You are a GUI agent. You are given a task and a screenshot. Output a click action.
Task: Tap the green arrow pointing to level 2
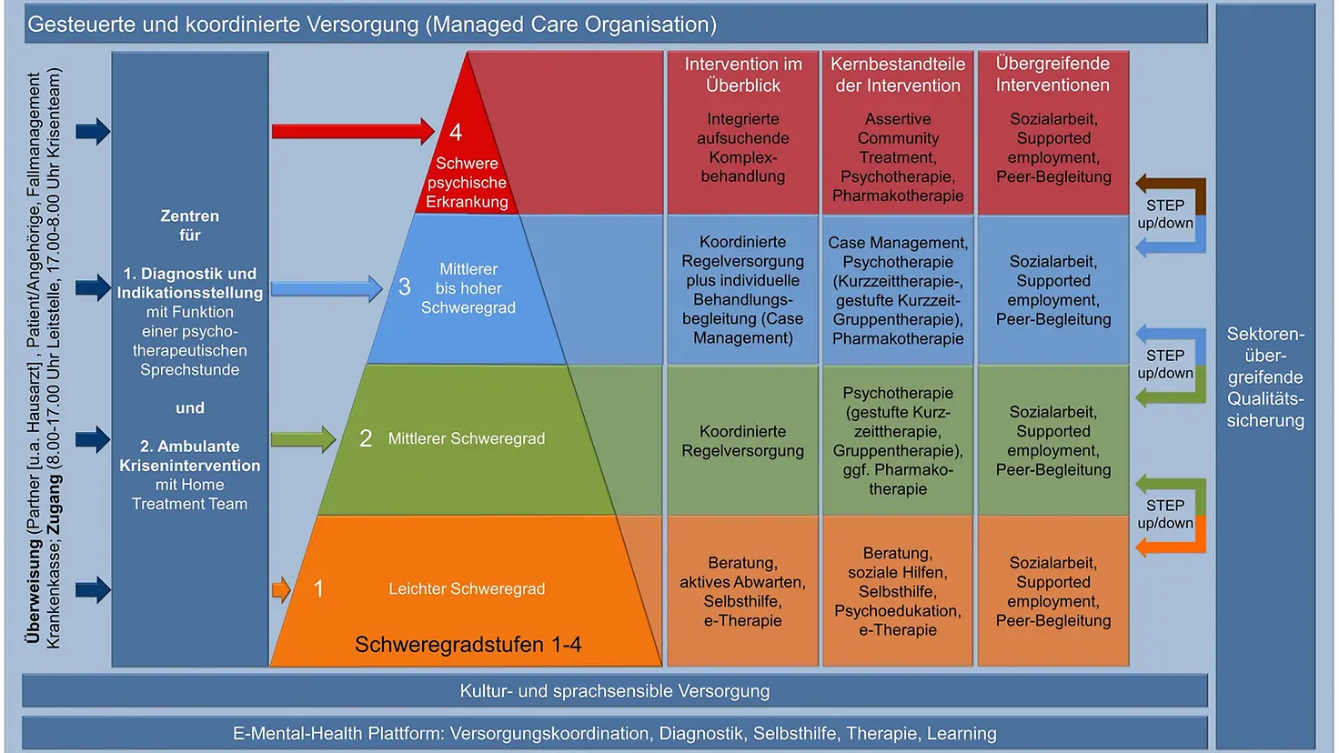coord(303,439)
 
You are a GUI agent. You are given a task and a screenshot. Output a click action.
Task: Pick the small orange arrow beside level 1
coord(281,589)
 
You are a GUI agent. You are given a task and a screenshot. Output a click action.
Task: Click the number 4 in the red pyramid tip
coord(456,133)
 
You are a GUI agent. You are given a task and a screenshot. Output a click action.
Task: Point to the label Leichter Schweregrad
coord(467,589)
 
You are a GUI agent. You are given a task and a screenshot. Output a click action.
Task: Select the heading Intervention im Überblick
coord(743,75)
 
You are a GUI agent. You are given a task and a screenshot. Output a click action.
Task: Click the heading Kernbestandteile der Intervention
coord(898,75)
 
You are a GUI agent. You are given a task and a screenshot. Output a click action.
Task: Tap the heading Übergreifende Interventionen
coord(1052,75)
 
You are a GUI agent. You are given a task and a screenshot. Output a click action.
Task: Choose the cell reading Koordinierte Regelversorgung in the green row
coord(743,441)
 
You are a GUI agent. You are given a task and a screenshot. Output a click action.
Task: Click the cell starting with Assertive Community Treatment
coord(898,157)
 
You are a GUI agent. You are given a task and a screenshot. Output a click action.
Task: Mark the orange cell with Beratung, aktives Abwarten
coord(743,592)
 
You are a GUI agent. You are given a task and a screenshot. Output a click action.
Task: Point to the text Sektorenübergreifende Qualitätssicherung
coord(1265,376)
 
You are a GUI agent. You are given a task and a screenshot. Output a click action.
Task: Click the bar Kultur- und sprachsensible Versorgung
coord(615,691)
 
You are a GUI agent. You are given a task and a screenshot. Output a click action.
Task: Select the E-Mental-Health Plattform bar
coord(615,733)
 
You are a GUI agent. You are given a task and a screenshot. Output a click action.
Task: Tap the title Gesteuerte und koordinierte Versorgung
coord(372,25)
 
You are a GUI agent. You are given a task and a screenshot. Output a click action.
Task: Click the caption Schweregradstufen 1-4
coord(468,645)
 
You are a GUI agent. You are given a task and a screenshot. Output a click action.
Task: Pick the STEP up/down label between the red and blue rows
coord(1165,214)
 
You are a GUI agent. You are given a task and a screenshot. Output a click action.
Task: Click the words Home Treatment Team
coord(189,495)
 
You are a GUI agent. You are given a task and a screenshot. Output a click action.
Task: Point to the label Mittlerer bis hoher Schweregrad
coord(468,288)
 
